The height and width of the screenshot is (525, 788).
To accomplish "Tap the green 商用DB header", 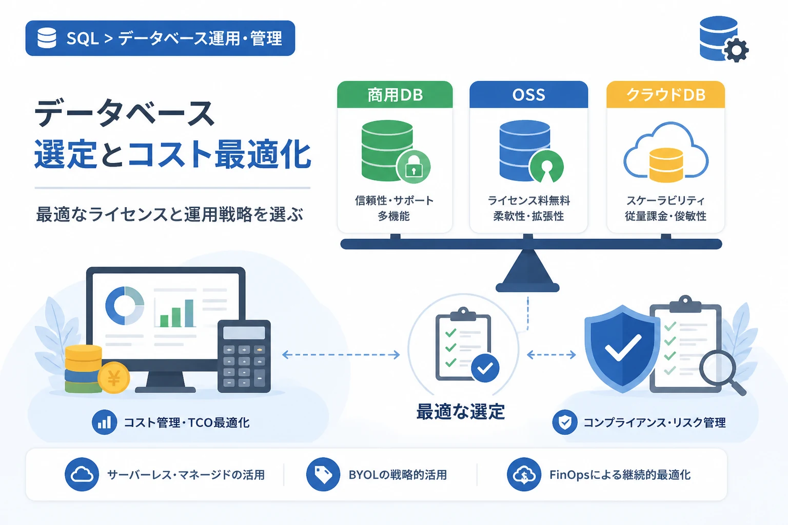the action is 395,94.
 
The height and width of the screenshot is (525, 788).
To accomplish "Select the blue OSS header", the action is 528,94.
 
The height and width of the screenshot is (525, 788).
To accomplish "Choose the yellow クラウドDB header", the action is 665,94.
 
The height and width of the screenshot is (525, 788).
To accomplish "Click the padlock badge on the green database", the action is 413,167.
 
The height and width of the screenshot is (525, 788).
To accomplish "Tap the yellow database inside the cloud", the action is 666,165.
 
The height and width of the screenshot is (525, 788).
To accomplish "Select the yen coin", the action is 113,378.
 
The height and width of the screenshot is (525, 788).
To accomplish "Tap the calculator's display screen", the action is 244,333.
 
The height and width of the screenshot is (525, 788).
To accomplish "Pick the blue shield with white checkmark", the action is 622,349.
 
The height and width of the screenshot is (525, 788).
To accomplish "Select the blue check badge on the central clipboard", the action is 485,368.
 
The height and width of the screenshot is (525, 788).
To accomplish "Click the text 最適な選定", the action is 461,412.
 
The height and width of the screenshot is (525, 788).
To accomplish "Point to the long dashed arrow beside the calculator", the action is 341,354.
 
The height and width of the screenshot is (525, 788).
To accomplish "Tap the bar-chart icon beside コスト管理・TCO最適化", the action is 105,422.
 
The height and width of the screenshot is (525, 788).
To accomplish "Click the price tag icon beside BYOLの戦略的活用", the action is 323,474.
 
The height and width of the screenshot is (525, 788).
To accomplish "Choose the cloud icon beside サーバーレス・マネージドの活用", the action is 82,474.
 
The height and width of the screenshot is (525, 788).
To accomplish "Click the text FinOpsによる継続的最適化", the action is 620,475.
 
